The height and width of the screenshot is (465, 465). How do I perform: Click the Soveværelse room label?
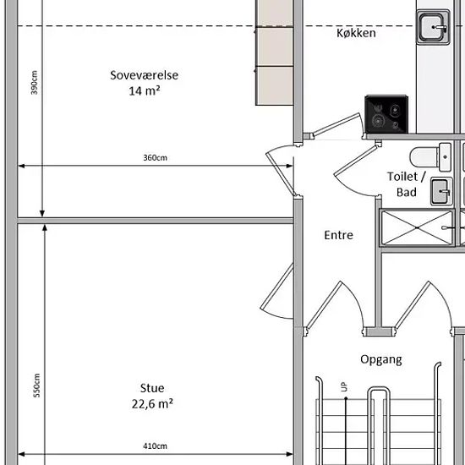point(144,75)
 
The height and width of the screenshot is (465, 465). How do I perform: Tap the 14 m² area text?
point(145,90)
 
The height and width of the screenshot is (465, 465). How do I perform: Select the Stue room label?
point(152,388)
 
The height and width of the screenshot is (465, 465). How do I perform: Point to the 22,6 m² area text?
point(152,403)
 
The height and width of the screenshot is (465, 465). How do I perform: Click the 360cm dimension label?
point(155,157)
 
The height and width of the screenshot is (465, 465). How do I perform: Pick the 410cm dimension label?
point(155,446)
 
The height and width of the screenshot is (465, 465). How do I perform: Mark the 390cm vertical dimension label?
point(35,83)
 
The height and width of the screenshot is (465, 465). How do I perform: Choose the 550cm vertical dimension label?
point(36,386)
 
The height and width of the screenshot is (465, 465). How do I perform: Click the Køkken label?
point(356,33)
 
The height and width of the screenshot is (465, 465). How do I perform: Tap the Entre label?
point(339,235)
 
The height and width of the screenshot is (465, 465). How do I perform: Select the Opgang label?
point(381,359)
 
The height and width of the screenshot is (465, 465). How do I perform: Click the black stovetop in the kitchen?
point(386,114)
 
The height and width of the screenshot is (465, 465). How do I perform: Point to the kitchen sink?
point(433,27)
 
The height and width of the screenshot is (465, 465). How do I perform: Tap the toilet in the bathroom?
point(430,157)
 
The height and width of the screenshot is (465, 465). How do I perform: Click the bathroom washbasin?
point(441,191)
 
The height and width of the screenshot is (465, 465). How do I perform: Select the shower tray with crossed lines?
point(417,227)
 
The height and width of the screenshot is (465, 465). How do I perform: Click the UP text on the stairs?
point(344,387)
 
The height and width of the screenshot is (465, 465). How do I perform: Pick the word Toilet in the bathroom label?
point(402,177)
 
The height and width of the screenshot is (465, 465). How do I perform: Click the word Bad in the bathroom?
point(407,192)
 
